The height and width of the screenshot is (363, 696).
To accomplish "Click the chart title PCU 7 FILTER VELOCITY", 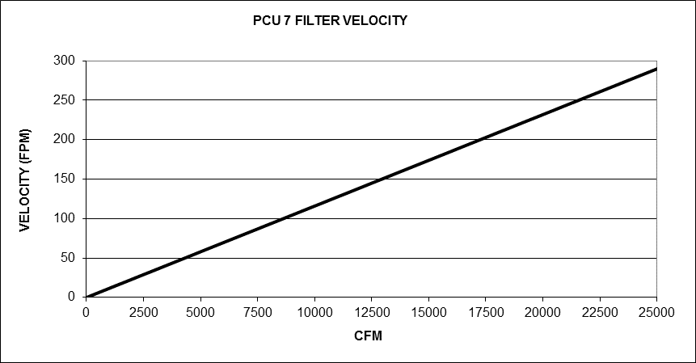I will [x=330, y=20].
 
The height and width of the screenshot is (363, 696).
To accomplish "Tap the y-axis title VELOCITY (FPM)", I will [x=24, y=179].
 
